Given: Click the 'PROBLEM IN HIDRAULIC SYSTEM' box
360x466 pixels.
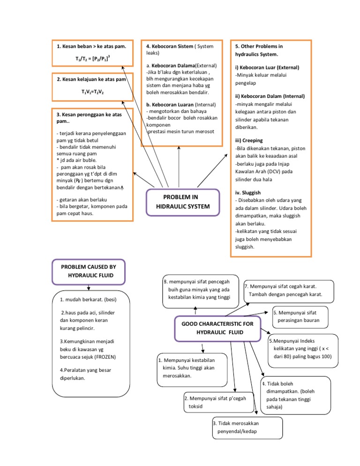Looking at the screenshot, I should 183,202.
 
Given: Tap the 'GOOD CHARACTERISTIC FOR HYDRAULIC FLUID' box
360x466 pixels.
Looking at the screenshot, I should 210,328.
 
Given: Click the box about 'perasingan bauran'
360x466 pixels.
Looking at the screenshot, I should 300,316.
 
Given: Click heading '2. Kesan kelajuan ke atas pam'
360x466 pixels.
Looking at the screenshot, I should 91,80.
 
